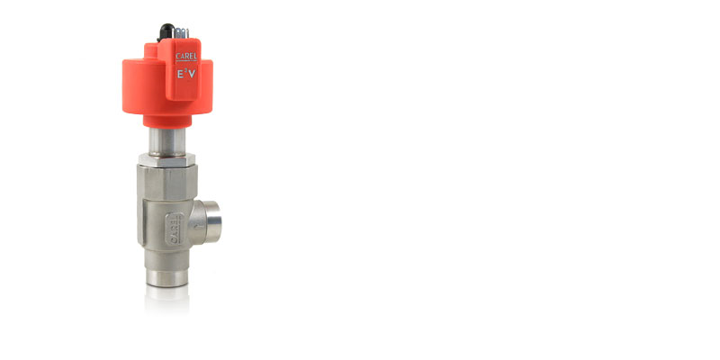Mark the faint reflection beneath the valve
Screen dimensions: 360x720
tap(167, 301)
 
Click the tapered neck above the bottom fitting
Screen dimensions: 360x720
tap(167, 256)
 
